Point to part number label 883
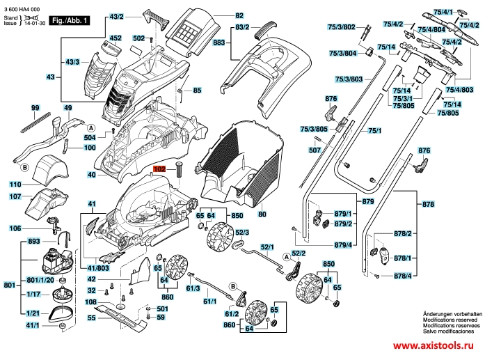point(220,42)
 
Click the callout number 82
point(239,15)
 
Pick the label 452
point(116,38)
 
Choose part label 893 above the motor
point(33,241)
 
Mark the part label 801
point(9,285)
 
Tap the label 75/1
point(375,131)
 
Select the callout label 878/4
point(403,276)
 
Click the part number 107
point(15,197)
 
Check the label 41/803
point(99,267)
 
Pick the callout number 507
point(315,150)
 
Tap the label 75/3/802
point(342,27)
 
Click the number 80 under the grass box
point(262,214)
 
